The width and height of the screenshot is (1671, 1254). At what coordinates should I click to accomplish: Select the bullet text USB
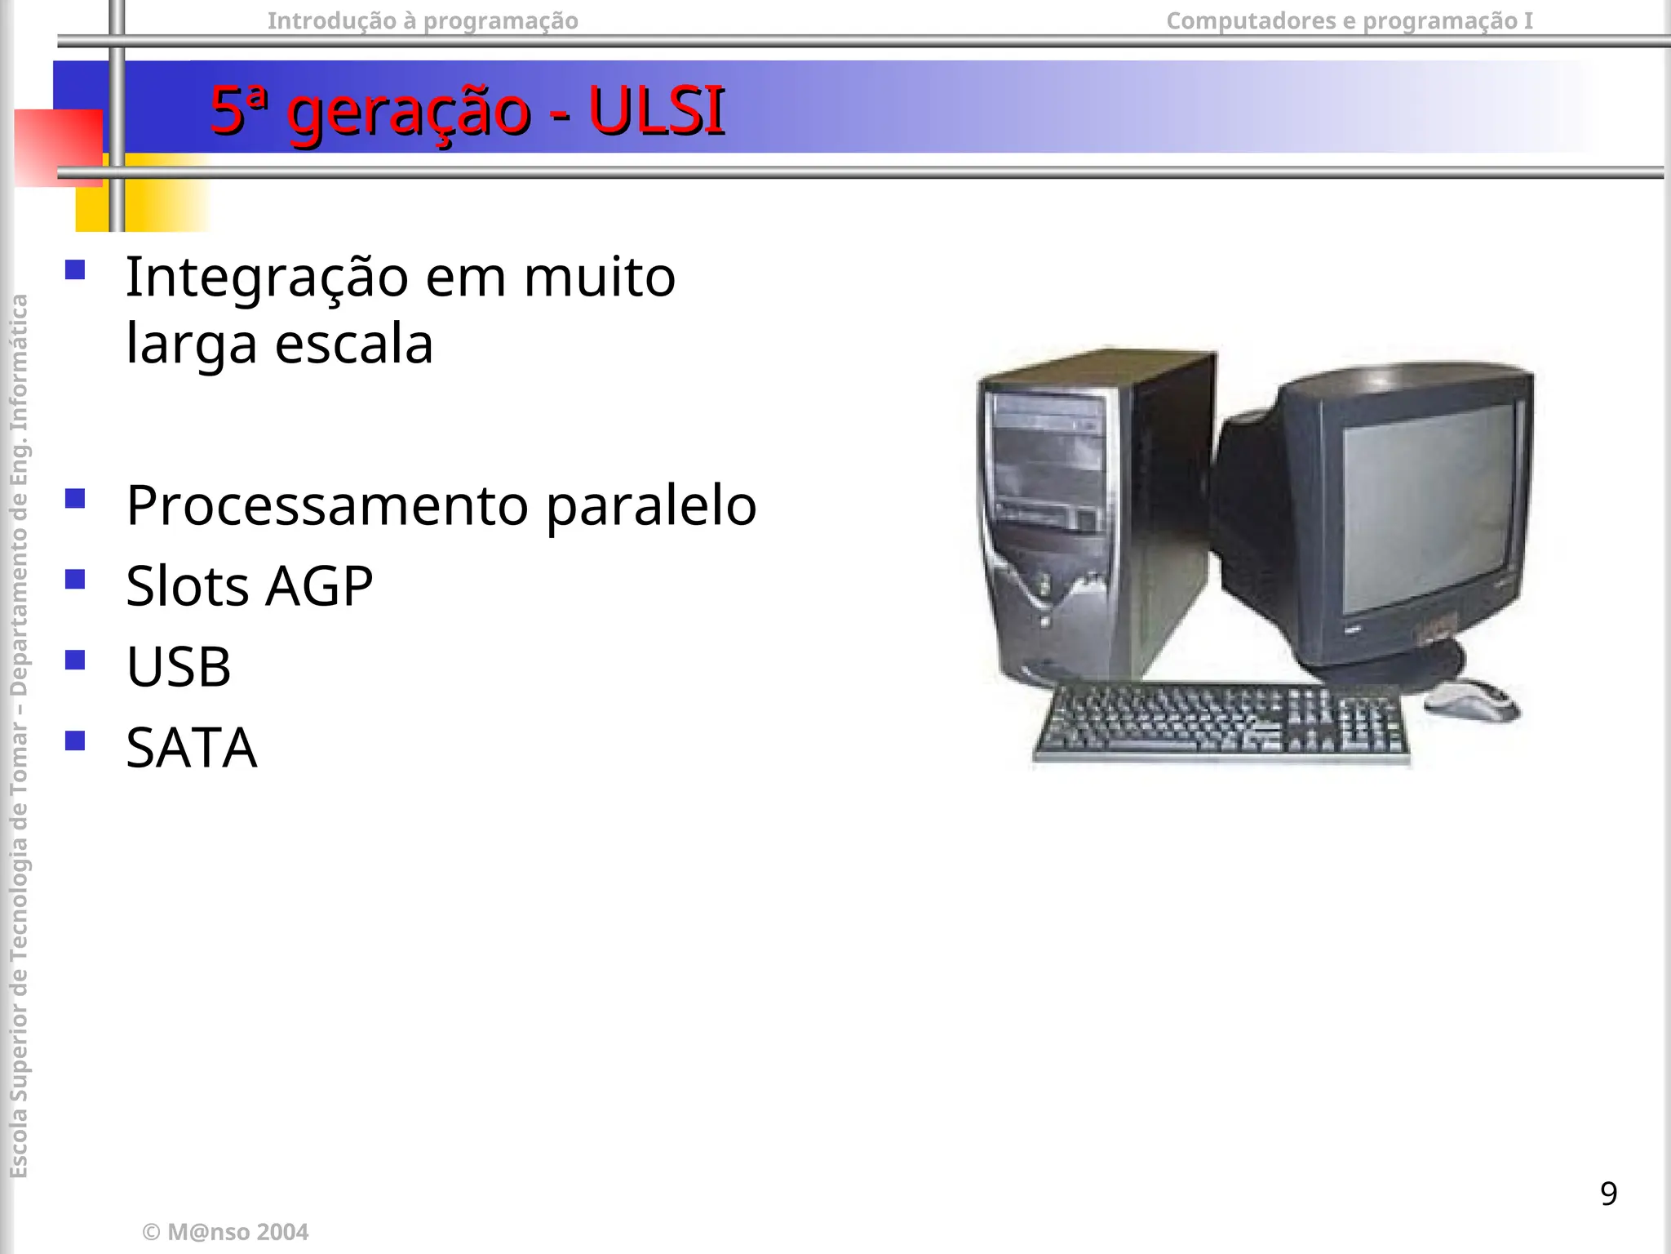pos(179,666)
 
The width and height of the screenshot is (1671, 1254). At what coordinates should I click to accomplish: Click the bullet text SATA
pos(192,747)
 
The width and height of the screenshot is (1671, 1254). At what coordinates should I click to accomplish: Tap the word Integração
pos(267,278)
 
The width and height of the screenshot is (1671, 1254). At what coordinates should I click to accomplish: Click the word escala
pos(353,344)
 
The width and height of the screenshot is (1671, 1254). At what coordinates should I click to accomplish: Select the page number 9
pos(1608,1194)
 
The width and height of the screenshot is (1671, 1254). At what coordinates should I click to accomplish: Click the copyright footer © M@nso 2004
pos(225,1232)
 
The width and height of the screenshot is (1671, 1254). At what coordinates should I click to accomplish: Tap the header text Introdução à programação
pos(423,20)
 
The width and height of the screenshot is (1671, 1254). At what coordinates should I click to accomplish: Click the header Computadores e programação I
pos(1350,20)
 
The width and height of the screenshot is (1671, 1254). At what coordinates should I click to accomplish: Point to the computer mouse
pos(1471,700)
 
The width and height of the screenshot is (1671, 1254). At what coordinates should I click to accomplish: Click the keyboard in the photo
pos(1221,723)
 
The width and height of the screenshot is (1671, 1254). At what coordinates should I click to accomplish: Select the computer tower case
pos(1093,514)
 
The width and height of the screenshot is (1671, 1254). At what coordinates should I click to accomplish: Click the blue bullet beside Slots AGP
pos(75,579)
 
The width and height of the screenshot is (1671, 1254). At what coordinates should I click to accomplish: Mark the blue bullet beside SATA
pos(75,740)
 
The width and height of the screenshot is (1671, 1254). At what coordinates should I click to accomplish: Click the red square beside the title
pos(57,147)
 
